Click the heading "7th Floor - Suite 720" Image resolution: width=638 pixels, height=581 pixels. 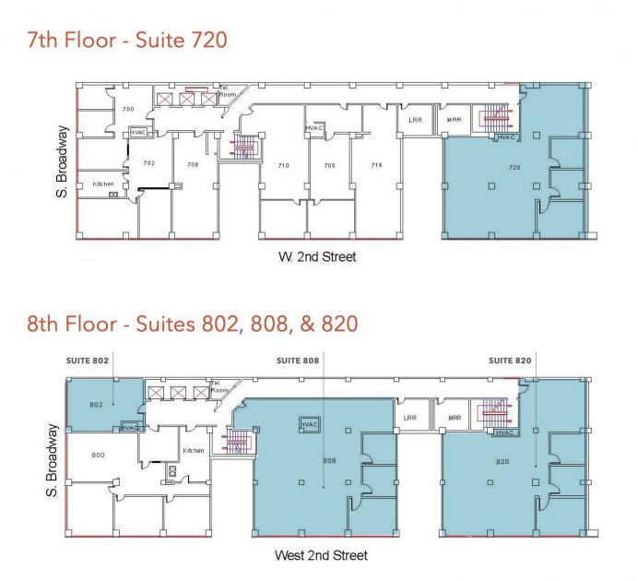(x=127, y=41)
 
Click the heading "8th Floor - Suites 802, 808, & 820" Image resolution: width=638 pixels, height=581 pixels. (x=193, y=324)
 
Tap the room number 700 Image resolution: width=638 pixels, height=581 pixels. (x=128, y=109)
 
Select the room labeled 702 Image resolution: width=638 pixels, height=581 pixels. (x=149, y=163)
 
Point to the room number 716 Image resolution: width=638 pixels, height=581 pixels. (x=377, y=165)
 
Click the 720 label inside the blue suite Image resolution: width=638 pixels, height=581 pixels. (x=514, y=167)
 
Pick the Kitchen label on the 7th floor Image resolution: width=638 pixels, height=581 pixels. (x=103, y=184)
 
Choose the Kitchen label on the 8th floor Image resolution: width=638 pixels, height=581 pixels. (x=194, y=450)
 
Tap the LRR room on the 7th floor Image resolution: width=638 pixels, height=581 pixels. (x=416, y=120)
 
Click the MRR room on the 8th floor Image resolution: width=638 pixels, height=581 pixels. (x=455, y=418)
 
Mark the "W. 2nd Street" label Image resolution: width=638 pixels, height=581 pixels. (x=317, y=256)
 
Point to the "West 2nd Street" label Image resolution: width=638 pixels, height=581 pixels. (x=321, y=555)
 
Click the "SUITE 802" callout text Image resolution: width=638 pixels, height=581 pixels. (x=88, y=361)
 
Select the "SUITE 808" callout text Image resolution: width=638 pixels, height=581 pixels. (x=298, y=361)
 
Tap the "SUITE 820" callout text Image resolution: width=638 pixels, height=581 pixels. (x=510, y=361)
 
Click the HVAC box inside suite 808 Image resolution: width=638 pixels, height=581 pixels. (x=309, y=424)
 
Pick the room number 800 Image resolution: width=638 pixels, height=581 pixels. (x=98, y=455)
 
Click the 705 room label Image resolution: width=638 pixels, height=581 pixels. (x=329, y=165)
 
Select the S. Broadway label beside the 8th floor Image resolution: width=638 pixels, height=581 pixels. (x=52, y=460)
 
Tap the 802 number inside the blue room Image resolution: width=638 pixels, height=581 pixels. (x=96, y=405)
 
